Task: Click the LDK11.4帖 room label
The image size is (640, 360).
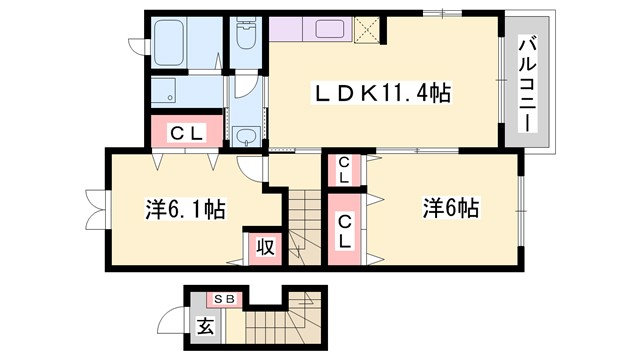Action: pyautogui.click(x=383, y=94)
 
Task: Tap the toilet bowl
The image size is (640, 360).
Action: pyautogui.click(x=244, y=38)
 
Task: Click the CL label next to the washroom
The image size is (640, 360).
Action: pyautogui.click(x=185, y=131)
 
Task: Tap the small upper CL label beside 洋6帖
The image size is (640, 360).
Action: pyautogui.click(x=343, y=171)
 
